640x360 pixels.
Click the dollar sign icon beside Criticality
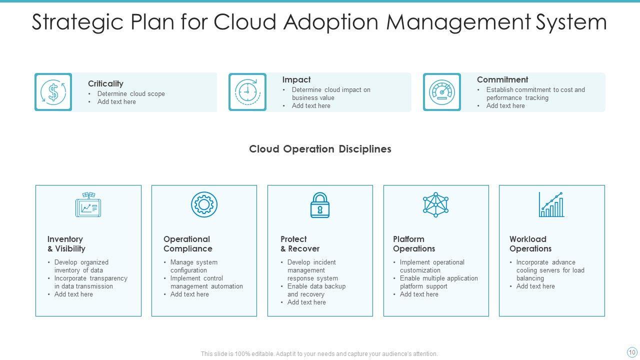click(x=53, y=92)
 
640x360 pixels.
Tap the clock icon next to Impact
click(x=247, y=92)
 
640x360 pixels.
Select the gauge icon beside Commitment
click(x=441, y=92)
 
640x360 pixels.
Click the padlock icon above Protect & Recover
click(x=320, y=205)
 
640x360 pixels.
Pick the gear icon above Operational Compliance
click(x=204, y=204)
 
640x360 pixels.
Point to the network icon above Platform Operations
click(x=435, y=204)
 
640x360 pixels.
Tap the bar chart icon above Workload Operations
click(x=551, y=204)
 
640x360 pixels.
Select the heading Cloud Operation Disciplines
click(x=320, y=149)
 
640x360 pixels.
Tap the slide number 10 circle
click(x=632, y=352)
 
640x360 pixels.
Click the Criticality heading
click(x=105, y=83)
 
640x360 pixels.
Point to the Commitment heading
click(x=502, y=79)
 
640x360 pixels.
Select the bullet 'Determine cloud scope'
click(x=130, y=93)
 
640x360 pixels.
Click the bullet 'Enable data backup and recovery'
click(x=316, y=290)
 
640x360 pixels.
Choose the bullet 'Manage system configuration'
click(x=193, y=266)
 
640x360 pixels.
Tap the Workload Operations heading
click(x=530, y=244)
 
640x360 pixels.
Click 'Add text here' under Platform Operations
click(x=419, y=294)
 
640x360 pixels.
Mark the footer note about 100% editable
click(x=319, y=353)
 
